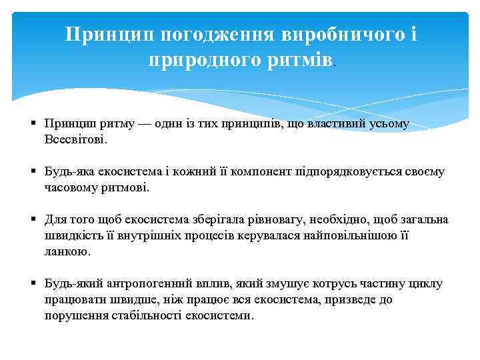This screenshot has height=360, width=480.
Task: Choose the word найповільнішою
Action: coord(360,235)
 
